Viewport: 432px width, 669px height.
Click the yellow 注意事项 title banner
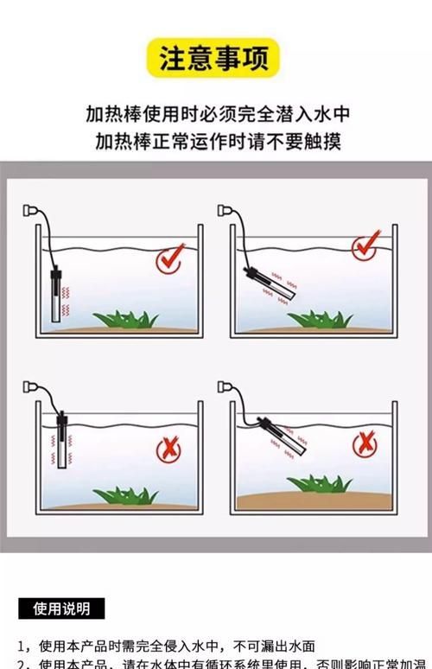pyautogui.click(x=213, y=59)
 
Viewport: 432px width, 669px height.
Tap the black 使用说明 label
pyautogui.click(x=60, y=608)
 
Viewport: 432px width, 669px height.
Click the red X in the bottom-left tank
pyautogui.click(x=168, y=449)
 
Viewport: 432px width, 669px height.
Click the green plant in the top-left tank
pyautogui.click(x=126, y=319)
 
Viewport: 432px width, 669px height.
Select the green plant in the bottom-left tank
pyautogui.click(x=126, y=495)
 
